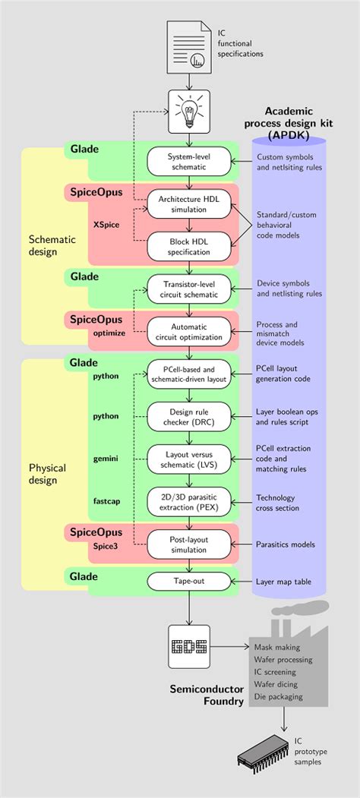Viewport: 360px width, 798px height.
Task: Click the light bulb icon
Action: click(189, 110)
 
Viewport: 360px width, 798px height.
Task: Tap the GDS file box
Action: click(189, 647)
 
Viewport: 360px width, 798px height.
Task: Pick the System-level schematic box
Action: click(189, 161)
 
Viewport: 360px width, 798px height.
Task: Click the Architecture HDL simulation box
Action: click(189, 205)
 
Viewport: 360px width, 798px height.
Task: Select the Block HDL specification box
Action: click(189, 248)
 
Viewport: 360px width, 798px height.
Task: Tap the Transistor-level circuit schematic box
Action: click(189, 289)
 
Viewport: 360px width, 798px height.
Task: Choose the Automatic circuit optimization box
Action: click(189, 332)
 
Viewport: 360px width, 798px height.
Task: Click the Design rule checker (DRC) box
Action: click(189, 416)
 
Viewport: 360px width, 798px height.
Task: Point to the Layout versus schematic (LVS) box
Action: click(189, 459)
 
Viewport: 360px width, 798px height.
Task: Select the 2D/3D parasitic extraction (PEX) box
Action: click(189, 501)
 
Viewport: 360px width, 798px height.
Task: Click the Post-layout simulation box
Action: click(189, 544)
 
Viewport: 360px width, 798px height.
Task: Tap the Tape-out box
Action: click(189, 581)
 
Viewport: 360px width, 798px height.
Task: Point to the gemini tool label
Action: click(106, 459)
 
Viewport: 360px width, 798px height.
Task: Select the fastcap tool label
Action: click(106, 501)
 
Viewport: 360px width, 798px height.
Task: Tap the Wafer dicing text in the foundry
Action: click(276, 685)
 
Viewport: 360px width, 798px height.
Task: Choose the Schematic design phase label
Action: click(51, 245)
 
